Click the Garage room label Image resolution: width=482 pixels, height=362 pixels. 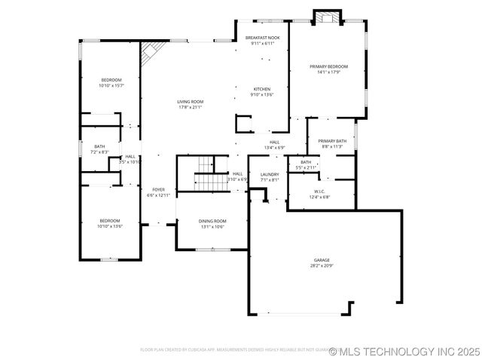[x=322, y=260]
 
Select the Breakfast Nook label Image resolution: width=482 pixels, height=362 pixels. [x=262, y=38]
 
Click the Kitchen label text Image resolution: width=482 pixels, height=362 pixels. [x=262, y=89]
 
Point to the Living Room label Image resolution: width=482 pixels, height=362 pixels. [x=191, y=102]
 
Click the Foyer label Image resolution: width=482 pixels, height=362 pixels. [x=158, y=189]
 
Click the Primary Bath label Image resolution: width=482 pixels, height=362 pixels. [x=331, y=141]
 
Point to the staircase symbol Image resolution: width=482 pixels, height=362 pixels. [x=205, y=172]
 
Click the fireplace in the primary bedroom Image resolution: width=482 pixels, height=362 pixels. [x=327, y=18]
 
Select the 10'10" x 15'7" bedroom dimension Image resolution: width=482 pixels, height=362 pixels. [x=111, y=85]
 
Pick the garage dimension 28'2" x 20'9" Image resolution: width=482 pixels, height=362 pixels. [x=322, y=265]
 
